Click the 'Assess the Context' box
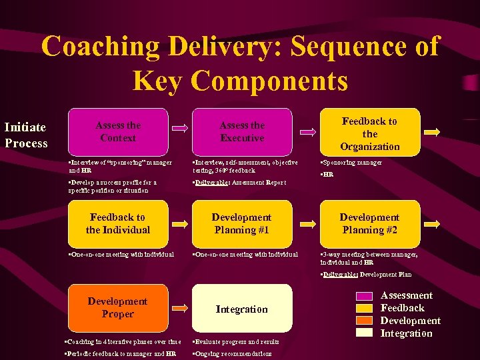118,132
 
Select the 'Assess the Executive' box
242,132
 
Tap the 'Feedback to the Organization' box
369,133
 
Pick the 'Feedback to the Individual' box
118,223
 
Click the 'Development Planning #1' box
242,223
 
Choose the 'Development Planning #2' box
369,223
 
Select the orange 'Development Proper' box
118,308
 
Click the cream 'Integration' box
242,309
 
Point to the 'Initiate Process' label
26,135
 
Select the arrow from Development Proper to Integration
180,309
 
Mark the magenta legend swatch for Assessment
364,296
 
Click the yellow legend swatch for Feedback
364,308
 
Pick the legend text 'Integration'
406,333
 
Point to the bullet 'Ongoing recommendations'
233,353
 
